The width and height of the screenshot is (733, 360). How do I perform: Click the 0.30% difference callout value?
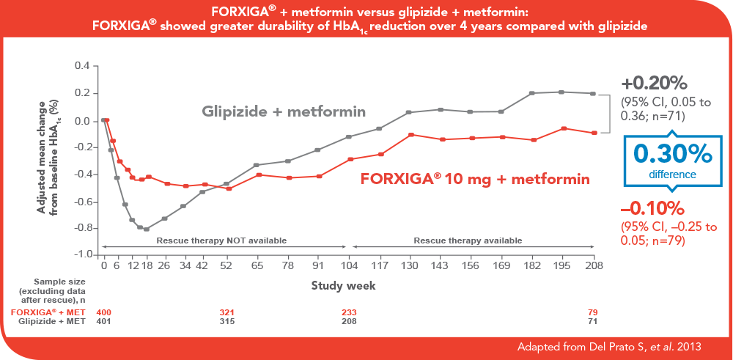click(672, 153)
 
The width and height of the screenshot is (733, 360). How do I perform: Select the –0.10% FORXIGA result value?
click(652, 207)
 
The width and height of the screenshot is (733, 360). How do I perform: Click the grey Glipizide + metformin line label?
click(284, 111)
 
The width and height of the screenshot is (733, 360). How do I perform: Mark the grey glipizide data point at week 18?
click(147, 229)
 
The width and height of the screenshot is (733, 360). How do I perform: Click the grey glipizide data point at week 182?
click(532, 93)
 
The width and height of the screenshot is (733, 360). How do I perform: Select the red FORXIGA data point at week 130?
click(412, 135)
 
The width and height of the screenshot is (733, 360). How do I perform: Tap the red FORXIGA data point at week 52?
click(229, 188)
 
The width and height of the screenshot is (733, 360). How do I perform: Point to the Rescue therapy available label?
click(468, 240)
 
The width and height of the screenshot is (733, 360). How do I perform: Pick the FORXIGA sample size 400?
click(104, 312)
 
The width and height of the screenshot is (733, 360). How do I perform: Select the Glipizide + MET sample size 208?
click(350, 321)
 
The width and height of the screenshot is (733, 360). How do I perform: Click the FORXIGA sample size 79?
click(593, 312)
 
